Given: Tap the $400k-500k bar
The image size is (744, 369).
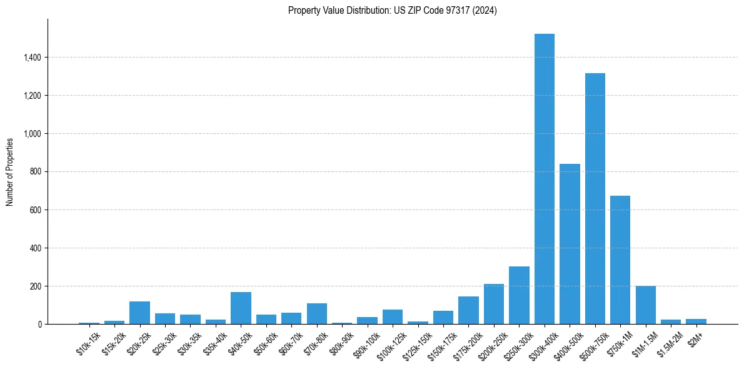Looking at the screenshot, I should [570, 244].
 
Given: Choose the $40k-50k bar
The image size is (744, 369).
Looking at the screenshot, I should [241, 308].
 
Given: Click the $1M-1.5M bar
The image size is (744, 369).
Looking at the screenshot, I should [646, 305].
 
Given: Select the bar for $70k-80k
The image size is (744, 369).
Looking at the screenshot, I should [317, 313].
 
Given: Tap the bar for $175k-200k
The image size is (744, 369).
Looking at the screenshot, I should [468, 310].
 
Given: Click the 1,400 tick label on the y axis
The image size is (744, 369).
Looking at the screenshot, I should [32, 58].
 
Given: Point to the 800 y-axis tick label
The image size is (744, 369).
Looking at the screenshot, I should [36, 171].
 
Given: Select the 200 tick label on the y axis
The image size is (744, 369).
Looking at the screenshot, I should [36, 286].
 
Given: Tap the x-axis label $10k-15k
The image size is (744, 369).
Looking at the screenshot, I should [88, 343].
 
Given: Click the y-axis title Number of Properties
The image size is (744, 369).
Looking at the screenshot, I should [9, 171].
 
